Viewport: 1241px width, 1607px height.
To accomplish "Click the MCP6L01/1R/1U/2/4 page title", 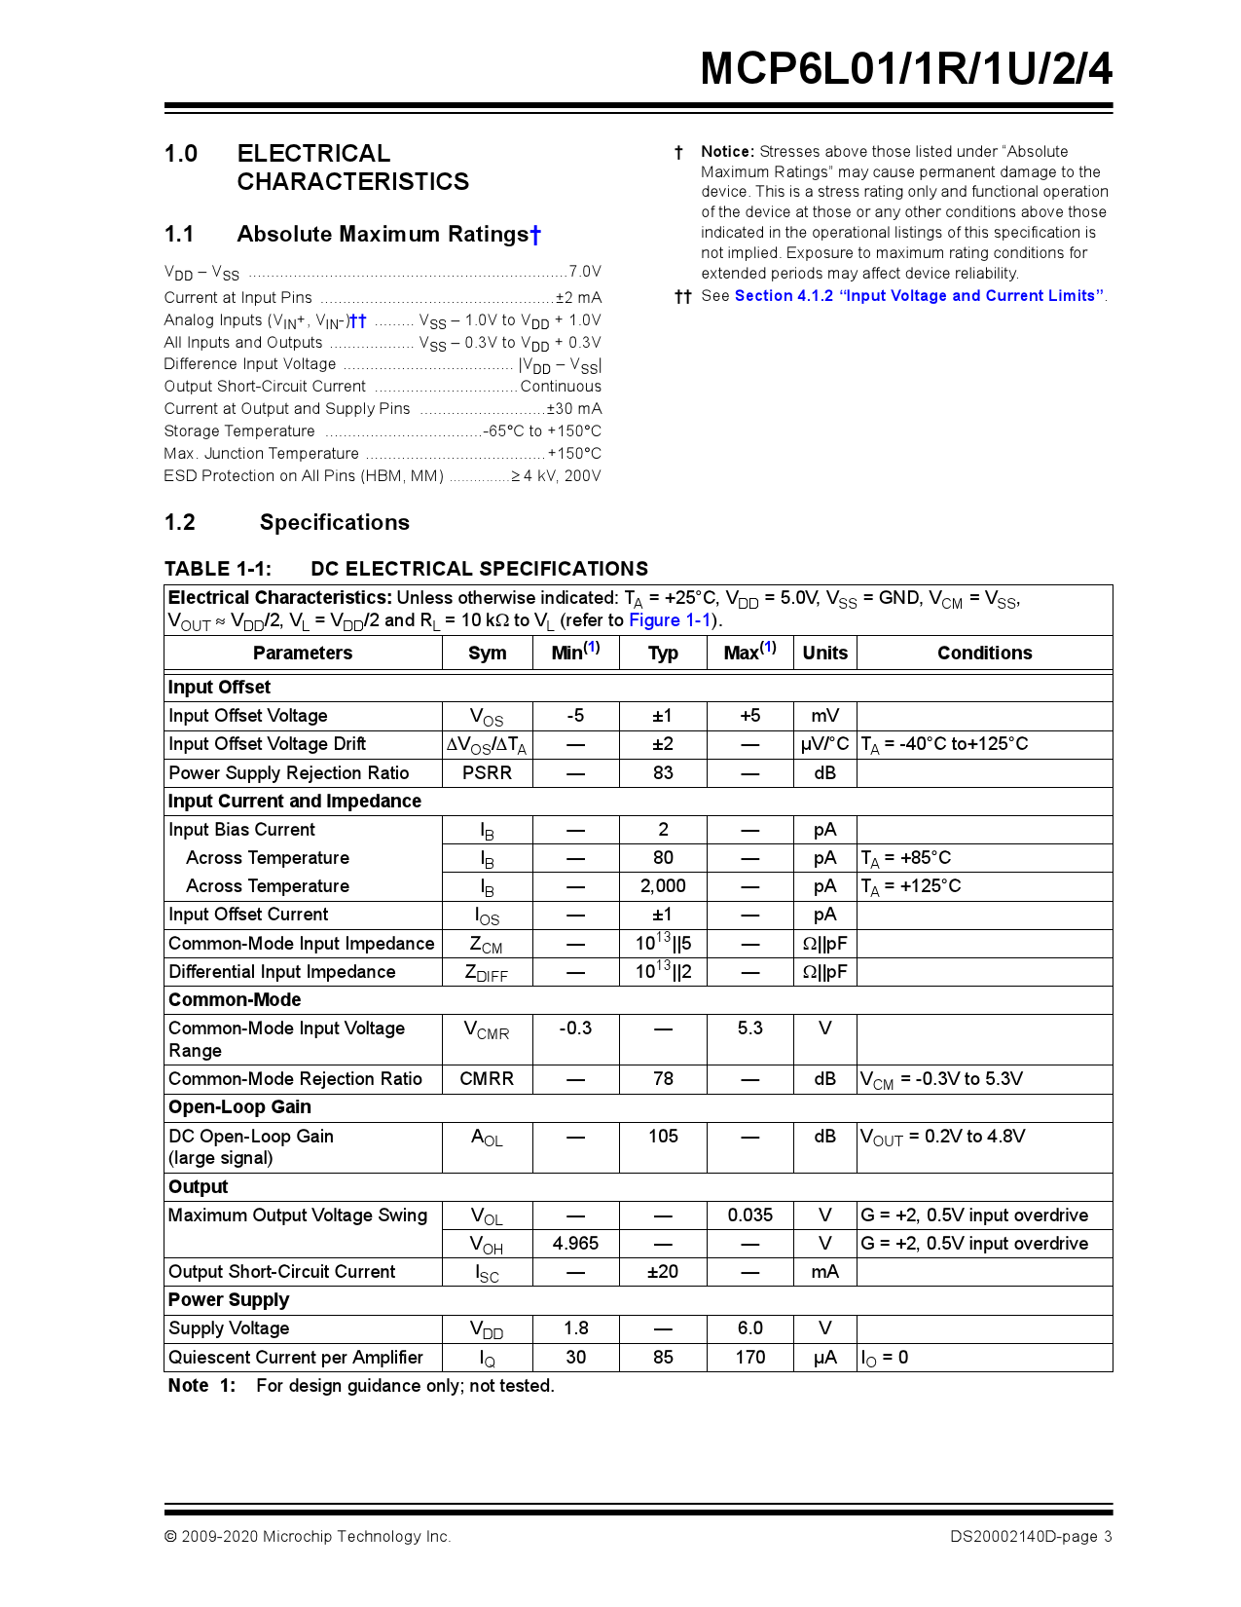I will pyautogui.click(x=905, y=69).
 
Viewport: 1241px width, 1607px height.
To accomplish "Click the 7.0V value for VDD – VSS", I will pyautogui.click(x=584, y=272).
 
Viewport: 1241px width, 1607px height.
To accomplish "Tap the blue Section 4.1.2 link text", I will pyautogui.click(x=919, y=296).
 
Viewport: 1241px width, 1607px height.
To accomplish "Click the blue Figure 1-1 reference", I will pyautogui.click(x=670, y=620).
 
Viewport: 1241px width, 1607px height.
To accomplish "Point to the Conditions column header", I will pyautogui.click(x=984, y=654).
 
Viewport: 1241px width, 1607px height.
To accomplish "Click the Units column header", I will pyautogui.click(x=824, y=654).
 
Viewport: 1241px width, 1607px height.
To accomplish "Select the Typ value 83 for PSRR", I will pyautogui.click(x=663, y=773).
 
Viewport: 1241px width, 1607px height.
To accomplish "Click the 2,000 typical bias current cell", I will pyautogui.click(x=663, y=886).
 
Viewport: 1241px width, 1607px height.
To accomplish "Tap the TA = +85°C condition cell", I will pyautogui.click(x=906, y=858).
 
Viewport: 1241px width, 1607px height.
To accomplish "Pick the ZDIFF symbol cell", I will pyautogui.click(x=486, y=972).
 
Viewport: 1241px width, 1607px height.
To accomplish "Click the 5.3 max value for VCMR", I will pyautogui.click(x=749, y=1028).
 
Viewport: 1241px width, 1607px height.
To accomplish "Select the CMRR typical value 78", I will pyautogui.click(x=663, y=1079).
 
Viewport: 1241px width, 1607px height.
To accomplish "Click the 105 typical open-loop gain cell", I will pyautogui.click(x=663, y=1137).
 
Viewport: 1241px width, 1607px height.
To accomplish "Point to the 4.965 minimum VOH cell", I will pyautogui.click(x=575, y=1244).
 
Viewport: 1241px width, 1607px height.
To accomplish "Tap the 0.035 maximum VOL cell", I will pyautogui.click(x=749, y=1215).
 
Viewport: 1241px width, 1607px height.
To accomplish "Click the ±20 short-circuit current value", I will pyautogui.click(x=663, y=1272).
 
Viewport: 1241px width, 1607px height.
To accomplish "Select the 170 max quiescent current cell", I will pyautogui.click(x=749, y=1358).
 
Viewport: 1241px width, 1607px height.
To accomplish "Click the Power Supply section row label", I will pyautogui.click(x=229, y=1300).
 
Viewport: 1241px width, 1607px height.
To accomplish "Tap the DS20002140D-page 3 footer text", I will pyautogui.click(x=1031, y=1537).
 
